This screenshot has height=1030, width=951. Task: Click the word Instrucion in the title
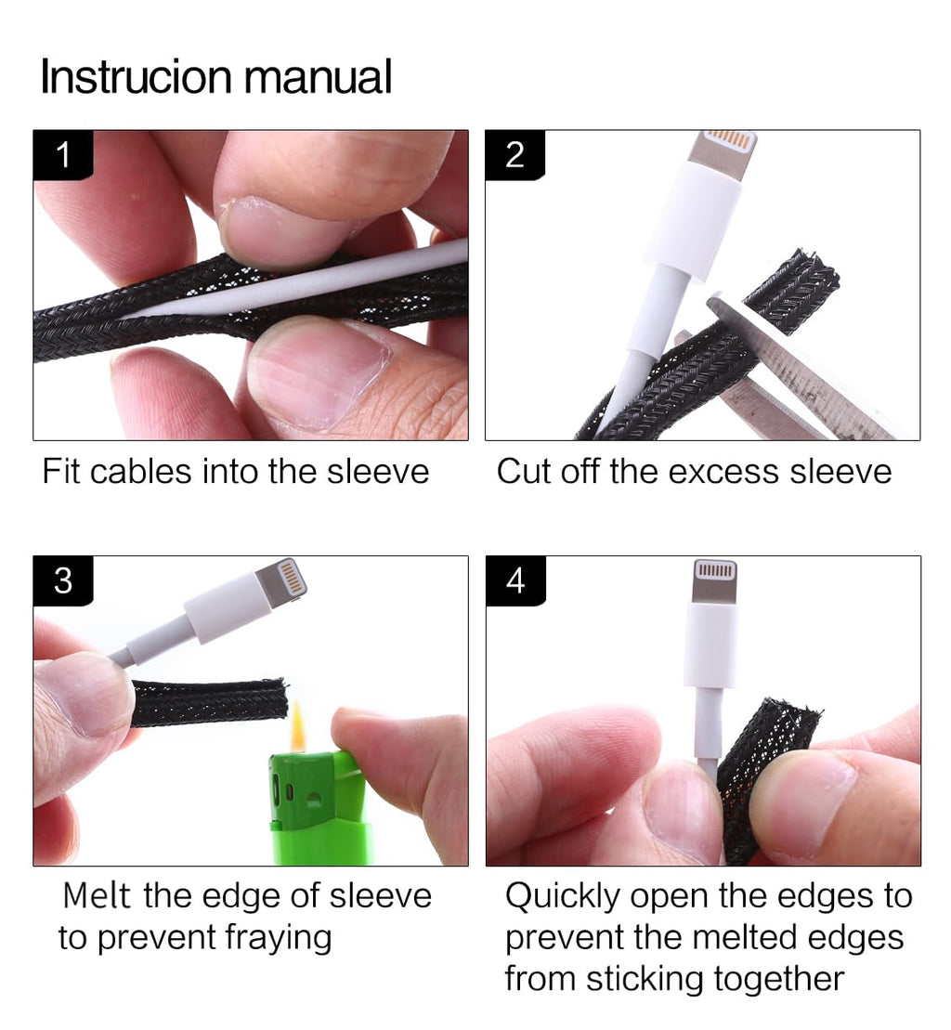click(x=136, y=77)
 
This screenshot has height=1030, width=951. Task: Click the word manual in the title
click(x=318, y=77)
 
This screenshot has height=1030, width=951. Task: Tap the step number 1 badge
click(x=63, y=155)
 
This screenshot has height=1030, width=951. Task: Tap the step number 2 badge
click(x=515, y=155)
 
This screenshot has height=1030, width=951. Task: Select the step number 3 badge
click(x=63, y=580)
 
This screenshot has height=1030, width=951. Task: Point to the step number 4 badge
click(x=515, y=580)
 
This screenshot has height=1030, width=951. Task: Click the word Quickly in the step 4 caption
click(x=562, y=896)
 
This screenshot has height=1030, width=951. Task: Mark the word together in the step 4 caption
click(x=778, y=980)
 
